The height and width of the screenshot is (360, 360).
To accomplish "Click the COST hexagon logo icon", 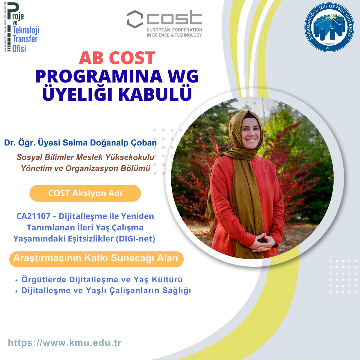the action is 135,19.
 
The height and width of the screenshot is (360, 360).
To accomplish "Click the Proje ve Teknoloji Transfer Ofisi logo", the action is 22,28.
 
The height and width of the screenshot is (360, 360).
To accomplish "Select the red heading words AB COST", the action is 117,58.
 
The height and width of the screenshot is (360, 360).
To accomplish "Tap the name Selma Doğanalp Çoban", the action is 109,143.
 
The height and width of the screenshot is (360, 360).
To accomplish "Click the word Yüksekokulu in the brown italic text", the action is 130,157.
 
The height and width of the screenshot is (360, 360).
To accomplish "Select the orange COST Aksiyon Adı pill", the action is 85,193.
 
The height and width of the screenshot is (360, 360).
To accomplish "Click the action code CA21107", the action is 33,216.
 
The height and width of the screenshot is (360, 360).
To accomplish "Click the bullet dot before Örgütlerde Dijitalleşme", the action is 16,280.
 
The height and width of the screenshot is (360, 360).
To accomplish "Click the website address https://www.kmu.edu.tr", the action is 64,343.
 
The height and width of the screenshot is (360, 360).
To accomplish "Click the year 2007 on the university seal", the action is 329,48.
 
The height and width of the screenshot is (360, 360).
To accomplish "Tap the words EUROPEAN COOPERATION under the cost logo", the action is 175,30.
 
